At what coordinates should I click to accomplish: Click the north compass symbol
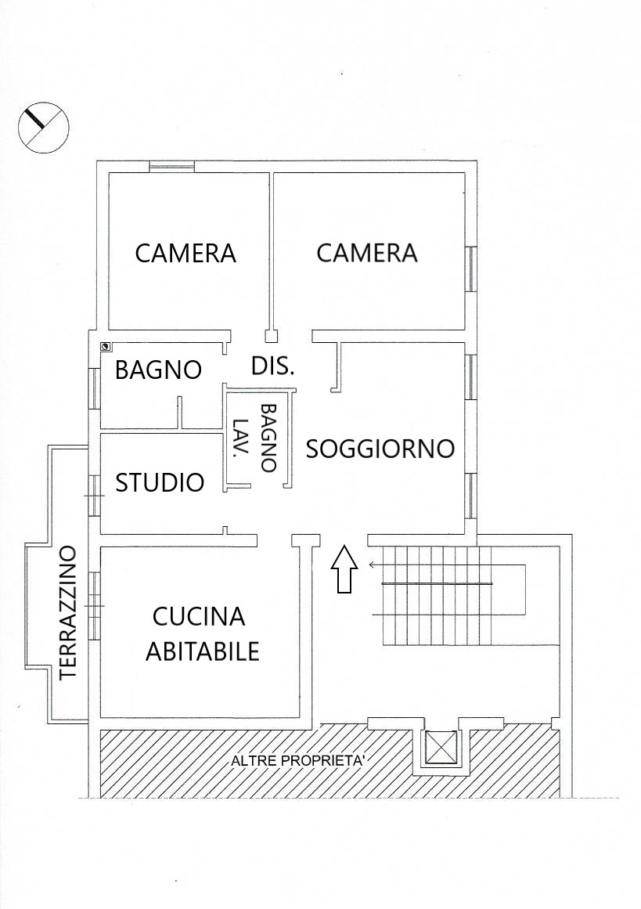44,128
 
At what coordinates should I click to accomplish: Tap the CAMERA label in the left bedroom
185,254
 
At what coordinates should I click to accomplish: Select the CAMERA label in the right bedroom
367,253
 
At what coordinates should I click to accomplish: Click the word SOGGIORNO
380,449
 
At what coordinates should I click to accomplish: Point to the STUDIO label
160,482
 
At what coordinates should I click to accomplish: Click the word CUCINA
199,617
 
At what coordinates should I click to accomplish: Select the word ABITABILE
202,651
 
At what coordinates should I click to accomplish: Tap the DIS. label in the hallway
273,366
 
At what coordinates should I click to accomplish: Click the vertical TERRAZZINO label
68,612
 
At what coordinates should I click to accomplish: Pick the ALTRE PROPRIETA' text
297,761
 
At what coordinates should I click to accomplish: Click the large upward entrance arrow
344,569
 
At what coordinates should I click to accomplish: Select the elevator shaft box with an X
441,747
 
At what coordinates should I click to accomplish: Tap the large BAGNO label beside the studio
158,370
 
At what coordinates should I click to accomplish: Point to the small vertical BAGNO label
268,438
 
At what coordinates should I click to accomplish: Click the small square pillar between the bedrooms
272,336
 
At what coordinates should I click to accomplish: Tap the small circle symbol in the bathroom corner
106,347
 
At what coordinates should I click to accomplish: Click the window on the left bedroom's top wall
171,167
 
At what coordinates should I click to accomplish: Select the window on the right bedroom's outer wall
472,269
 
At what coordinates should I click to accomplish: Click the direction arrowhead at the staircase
372,564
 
